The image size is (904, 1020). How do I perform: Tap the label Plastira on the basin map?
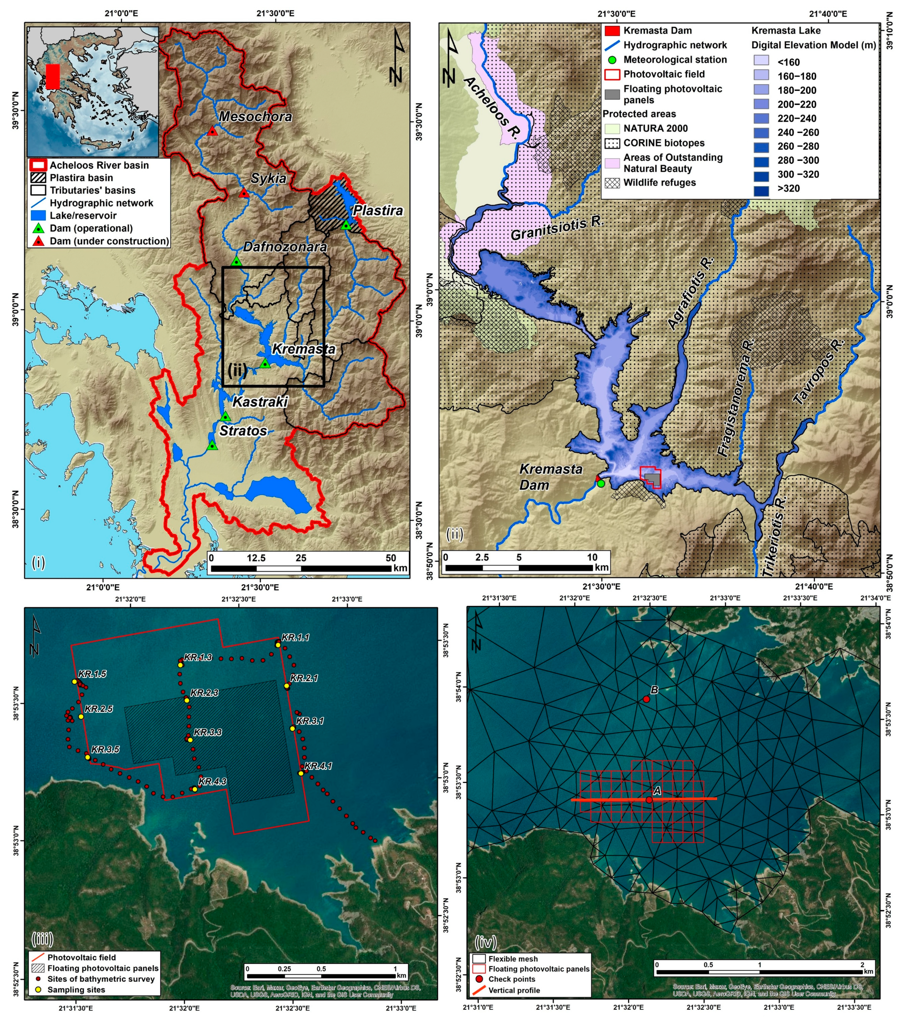tap(378, 210)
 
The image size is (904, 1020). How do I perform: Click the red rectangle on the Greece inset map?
tap(52, 76)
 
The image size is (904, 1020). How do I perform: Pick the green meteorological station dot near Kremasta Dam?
tap(601, 484)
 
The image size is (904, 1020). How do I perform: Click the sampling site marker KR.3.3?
tap(190, 739)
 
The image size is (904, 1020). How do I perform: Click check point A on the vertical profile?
tap(648, 800)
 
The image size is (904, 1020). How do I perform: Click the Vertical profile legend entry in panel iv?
tap(514, 990)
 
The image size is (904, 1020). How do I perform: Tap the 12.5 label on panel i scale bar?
tap(256, 558)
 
